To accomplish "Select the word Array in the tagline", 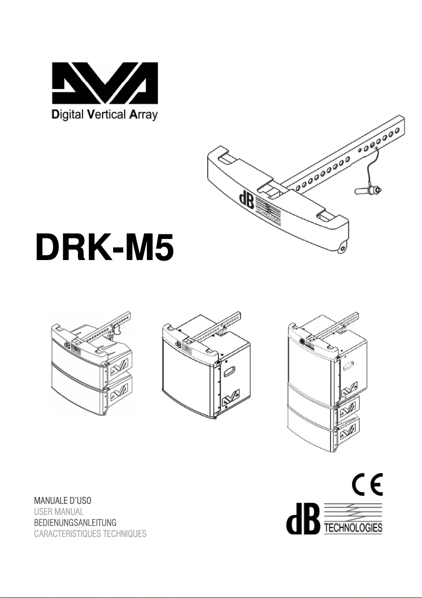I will click(142, 116).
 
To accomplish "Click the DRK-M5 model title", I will click(104, 250).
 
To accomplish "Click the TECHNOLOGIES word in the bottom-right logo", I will click(354, 528).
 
